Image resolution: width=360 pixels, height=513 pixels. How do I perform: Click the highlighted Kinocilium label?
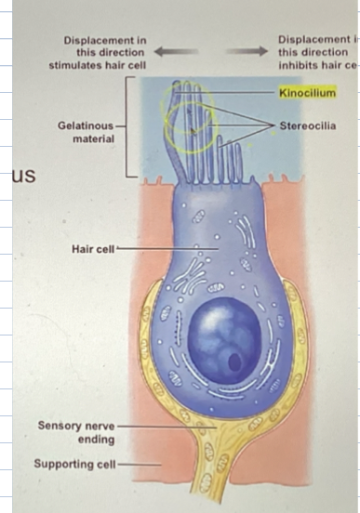pos(307,93)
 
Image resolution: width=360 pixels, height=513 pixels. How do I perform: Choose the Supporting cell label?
pos(75,463)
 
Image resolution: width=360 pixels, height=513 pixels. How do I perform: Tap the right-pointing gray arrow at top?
pos(248,52)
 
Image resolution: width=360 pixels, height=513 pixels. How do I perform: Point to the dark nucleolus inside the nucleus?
pos(235,359)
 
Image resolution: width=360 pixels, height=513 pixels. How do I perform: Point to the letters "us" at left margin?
pos(22,175)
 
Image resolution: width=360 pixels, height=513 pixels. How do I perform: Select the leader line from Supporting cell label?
pos(139,463)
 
